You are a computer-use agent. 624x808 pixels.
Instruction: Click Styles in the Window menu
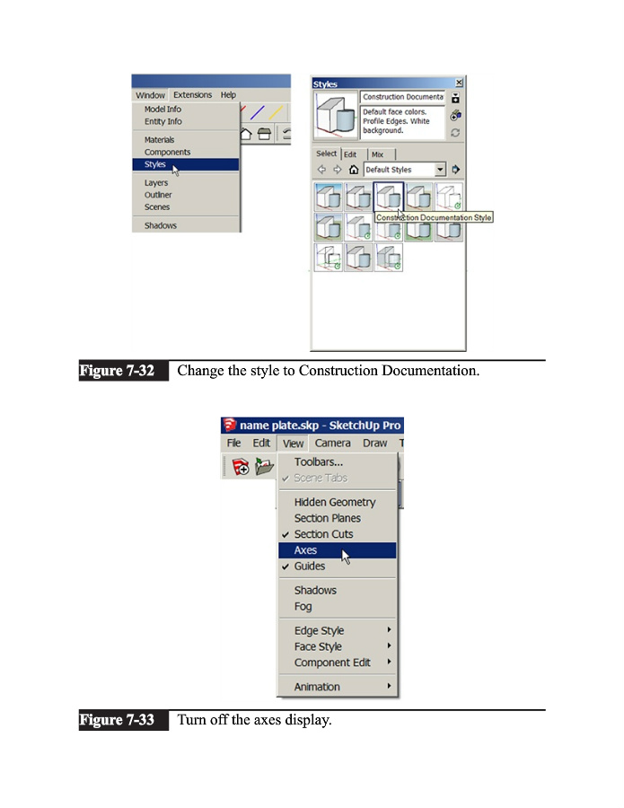[155, 164]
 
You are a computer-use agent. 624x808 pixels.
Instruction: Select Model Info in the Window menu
[163, 110]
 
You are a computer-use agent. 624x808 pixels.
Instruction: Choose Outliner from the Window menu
[158, 195]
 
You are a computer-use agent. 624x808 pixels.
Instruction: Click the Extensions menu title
[192, 95]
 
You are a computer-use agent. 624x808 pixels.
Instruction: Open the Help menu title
[228, 95]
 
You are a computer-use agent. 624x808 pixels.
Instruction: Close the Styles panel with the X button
[459, 83]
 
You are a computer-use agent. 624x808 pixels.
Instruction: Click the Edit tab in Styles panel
[350, 154]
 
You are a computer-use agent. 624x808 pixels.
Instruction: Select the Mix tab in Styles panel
[377, 154]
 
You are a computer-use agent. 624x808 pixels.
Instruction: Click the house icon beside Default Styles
[354, 170]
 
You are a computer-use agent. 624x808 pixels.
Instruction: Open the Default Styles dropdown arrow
[440, 170]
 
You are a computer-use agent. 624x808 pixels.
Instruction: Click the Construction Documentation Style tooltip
[434, 217]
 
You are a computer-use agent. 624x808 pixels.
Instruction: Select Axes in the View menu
[305, 550]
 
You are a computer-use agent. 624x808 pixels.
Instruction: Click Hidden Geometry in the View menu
[335, 502]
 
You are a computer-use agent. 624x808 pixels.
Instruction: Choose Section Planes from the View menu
[327, 518]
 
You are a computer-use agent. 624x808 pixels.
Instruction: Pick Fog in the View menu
[303, 606]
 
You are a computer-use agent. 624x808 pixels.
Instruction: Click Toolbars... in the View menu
[318, 461]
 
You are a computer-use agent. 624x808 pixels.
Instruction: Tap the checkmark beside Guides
[286, 566]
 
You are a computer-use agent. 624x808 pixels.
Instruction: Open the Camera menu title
[332, 443]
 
